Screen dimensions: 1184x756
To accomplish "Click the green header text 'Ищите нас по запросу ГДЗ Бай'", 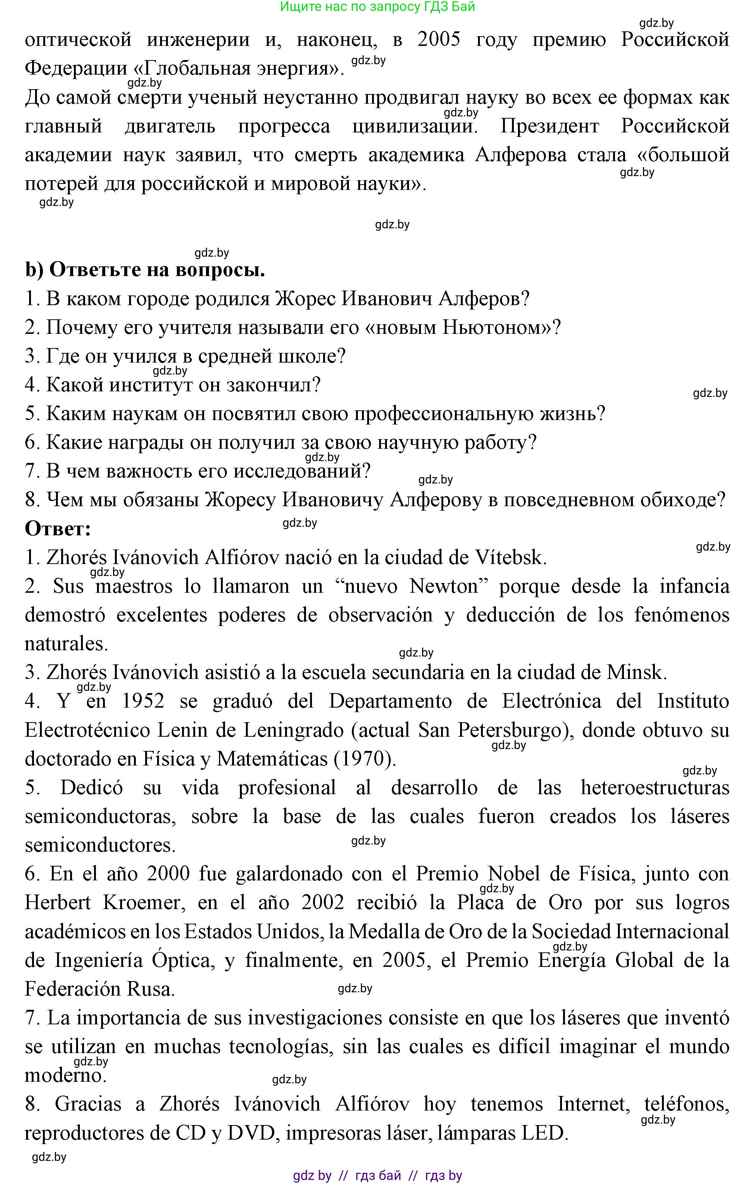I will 377,7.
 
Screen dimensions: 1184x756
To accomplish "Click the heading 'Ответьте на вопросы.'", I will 157,270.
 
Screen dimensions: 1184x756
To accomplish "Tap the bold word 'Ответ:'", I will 58,529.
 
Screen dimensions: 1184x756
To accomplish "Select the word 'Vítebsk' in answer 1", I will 510,558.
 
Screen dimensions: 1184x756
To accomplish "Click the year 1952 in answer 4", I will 143,701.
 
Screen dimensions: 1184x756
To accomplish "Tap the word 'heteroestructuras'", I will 655,788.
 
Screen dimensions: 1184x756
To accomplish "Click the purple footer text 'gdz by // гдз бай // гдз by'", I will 377,1176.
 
